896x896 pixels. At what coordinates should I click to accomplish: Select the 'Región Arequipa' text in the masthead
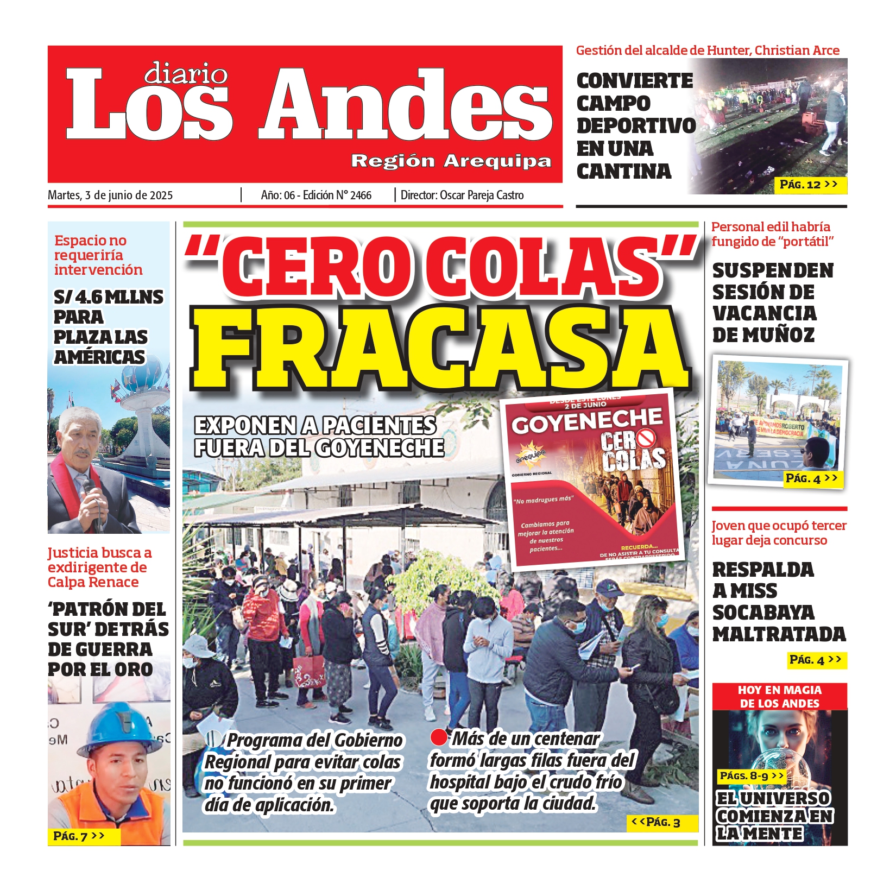coord(451,161)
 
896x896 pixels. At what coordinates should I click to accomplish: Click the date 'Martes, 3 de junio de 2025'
coord(110,195)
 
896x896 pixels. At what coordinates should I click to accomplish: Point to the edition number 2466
coord(361,195)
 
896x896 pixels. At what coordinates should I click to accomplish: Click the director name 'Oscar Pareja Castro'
coord(482,195)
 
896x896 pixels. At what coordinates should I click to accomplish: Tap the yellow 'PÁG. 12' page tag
coord(809,185)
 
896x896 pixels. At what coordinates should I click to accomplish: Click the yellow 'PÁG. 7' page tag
coord(79,836)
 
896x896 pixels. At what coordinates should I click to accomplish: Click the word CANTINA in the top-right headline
coord(624,172)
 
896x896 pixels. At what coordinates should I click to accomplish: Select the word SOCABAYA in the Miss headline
coord(763,613)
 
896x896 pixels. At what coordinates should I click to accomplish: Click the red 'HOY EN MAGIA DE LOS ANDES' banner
coord(779,697)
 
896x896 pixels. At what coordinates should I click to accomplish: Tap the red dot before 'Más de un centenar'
coord(438,737)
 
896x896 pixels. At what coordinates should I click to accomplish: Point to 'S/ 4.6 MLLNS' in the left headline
coord(108,297)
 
